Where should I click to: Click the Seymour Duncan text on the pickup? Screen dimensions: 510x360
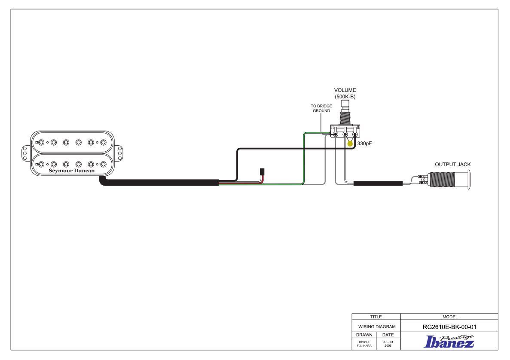[x=72, y=171]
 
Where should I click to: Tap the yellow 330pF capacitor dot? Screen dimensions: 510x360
[x=350, y=143]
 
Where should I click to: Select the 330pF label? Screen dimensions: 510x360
[x=364, y=143]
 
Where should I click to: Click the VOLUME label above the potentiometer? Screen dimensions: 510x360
[x=345, y=90]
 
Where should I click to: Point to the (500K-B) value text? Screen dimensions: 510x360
[x=345, y=97]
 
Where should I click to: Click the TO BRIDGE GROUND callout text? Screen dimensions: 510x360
[x=321, y=108]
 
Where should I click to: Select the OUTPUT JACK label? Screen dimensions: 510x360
[x=453, y=165]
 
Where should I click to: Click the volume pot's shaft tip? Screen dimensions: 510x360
[x=345, y=104]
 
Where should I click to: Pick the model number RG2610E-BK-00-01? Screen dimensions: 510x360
[x=449, y=327]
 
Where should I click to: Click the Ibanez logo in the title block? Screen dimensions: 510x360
[x=449, y=342]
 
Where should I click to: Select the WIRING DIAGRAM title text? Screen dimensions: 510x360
[x=377, y=326]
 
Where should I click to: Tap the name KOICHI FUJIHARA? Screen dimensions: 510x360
[x=364, y=344]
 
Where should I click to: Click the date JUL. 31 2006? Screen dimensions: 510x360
[x=388, y=344]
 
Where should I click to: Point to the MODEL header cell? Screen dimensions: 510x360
[x=450, y=317]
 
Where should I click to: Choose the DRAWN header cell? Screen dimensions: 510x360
[x=364, y=335]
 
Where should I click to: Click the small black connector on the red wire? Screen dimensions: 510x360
[x=262, y=172]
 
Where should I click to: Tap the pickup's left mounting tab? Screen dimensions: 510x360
[x=25, y=153]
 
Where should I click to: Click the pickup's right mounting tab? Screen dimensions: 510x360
[x=119, y=153]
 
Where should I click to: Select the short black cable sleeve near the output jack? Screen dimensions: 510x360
[x=378, y=183]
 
